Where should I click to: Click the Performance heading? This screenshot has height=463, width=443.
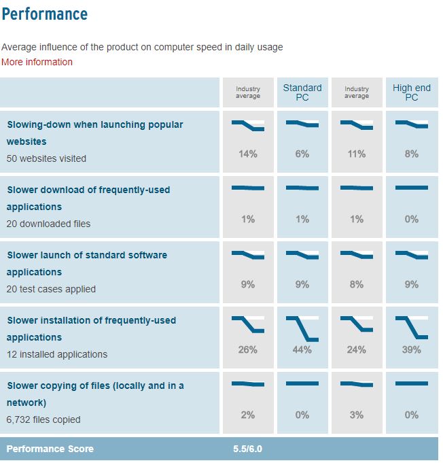(45, 14)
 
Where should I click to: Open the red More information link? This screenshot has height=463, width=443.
(37, 62)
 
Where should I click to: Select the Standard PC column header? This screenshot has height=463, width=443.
(302, 92)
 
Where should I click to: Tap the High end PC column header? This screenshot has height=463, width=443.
(411, 92)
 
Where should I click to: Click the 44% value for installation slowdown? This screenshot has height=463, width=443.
(302, 349)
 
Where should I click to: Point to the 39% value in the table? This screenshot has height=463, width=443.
(411, 349)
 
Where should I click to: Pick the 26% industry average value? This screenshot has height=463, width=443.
(248, 349)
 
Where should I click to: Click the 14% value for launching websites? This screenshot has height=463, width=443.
(248, 154)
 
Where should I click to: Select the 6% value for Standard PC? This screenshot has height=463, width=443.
(302, 154)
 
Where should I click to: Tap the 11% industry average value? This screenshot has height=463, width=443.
(357, 154)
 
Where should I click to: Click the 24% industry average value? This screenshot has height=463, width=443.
(357, 349)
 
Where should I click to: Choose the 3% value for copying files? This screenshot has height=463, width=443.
(357, 415)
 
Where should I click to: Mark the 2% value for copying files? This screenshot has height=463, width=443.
(248, 415)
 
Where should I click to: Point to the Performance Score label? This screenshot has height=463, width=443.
(50, 449)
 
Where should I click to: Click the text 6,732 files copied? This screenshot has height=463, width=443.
(43, 419)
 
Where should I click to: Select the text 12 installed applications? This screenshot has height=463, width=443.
(57, 354)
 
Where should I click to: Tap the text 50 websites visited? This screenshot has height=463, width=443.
(46, 158)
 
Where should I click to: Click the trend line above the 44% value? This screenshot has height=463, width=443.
(302, 327)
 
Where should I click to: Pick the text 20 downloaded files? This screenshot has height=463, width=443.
(48, 224)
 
